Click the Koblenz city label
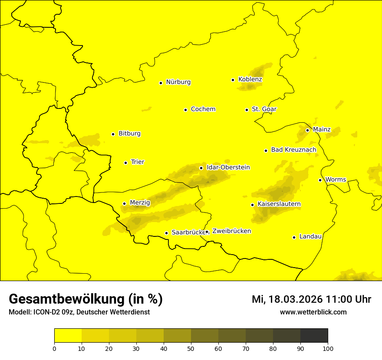point(250,79)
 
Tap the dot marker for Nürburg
point(161,83)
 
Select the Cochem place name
point(203,109)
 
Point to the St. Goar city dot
point(247,110)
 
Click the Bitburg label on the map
point(129,134)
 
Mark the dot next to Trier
point(125,163)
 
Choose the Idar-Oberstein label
point(228,167)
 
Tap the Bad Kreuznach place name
point(293,150)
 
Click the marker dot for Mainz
point(307,130)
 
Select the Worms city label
point(336,180)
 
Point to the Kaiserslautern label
point(279,204)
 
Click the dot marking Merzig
point(124,203)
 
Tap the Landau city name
point(310,237)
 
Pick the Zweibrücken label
point(231,231)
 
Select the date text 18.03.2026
point(295,299)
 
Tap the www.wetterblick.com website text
point(313,312)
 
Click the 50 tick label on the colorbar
point(191,348)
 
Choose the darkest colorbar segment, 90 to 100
point(314,336)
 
